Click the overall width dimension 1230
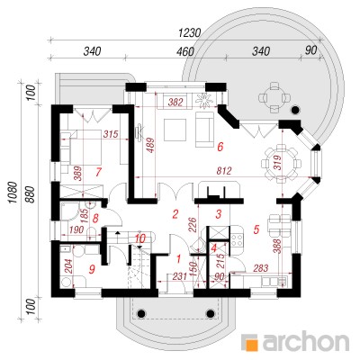coord(189,32)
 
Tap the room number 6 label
coord(220,147)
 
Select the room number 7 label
coord(98,172)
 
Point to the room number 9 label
coord(93,269)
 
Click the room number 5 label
coord(256,229)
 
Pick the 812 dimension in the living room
coord(224,171)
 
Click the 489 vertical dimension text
coord(151,145)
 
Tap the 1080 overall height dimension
coord(13,193)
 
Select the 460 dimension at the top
coord(185,51)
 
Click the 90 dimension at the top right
coord(310,50)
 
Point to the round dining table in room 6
coord(281,164)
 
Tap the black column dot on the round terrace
coord(296,110)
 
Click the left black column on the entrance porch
coord(141,313)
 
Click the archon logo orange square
coord(251,342)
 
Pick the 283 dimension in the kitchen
coord(260,268)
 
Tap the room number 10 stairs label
coord(140,238)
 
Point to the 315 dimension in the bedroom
coord(111,134)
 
